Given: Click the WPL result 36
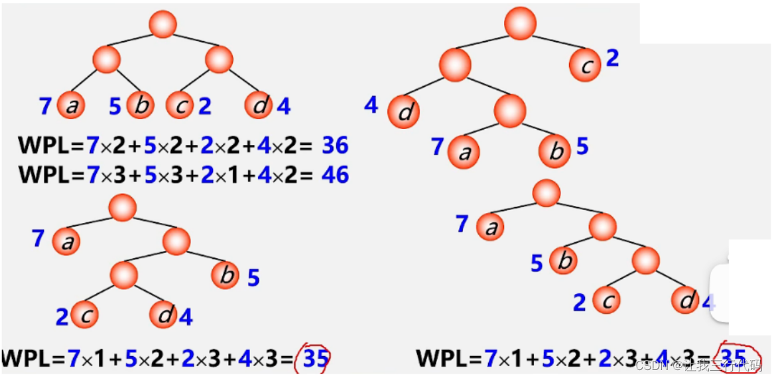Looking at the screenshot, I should (x=335, y=146).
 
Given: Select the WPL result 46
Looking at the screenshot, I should (x=335, y=175).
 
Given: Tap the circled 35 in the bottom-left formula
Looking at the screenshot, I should (x=316, y=359).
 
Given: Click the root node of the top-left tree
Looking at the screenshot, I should (x=162, y=24).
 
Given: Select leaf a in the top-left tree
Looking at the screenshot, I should (x=70, y=105).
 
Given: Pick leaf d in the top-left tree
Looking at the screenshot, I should (x=259, y=105).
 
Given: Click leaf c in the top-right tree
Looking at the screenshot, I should (x=585, y=65).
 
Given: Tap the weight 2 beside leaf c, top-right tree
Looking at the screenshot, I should (x=612, y=58).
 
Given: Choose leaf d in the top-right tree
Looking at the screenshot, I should (x=404, y=111).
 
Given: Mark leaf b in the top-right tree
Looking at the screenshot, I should (x=556, y=152).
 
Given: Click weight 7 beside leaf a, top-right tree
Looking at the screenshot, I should (x=437, y=147).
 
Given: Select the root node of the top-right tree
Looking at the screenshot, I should (x=520, y=23).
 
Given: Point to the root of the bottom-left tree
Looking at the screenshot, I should (x=123, y=207).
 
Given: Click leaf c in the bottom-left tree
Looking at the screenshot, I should (x=85, y=314).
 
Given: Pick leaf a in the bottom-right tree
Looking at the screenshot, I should (x=491, y=227).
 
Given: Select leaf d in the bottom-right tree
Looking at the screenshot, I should (x=684, y=301).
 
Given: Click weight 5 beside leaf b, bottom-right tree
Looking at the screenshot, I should (x=537, y=263).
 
